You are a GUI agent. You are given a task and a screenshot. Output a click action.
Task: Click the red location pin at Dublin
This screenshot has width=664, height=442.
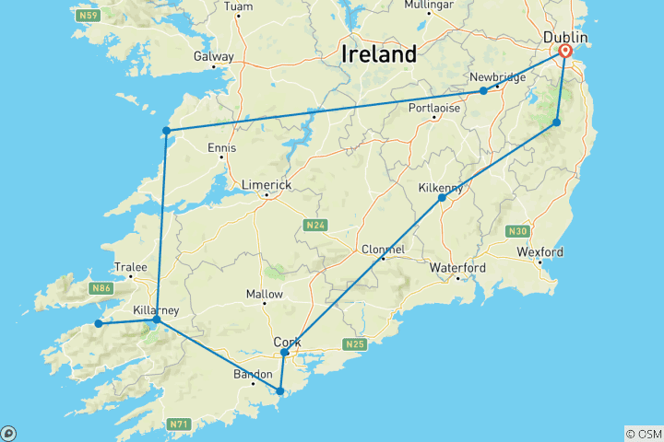pyautogui.click(x=564, y=52)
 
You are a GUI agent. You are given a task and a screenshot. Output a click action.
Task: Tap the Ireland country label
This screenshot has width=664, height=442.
pyautogui.click(x=378, y=53)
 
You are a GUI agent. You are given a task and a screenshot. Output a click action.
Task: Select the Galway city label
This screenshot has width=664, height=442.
pyautogui.click(x=213, y=56)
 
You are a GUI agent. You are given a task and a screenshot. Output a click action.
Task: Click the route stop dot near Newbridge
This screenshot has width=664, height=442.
pyautogui.click(x=483, y=90)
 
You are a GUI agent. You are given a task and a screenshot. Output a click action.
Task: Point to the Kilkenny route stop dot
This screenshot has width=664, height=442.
pyautogui.click(x=442, y=198)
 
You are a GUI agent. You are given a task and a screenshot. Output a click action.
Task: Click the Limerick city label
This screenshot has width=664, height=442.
pyautogui.click(x=266, y=184)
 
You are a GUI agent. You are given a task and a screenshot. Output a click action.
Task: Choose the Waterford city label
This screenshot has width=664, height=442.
pyautogui.click(x=457, y=268)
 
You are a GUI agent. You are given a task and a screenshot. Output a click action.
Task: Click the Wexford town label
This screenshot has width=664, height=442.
pyautogui.click(x=539, y=251)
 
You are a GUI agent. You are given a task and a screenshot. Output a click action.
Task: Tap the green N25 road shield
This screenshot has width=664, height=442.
pyautogui.click(x=356, y=344)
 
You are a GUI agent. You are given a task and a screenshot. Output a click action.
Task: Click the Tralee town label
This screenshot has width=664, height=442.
pyautogui.click(x=130, y=267)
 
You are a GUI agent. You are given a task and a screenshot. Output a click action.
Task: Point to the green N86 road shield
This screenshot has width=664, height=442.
pyautogui.click(x=102, y=288)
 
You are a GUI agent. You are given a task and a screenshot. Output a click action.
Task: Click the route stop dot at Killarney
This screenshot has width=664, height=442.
pyautogui.click(x=156, y=321)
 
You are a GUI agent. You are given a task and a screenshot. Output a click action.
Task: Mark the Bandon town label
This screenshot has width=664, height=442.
pyautogui.click(x=252, y=374)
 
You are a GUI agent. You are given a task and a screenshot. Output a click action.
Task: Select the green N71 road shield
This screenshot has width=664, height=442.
pyautogui.click(x=180, y=425)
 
